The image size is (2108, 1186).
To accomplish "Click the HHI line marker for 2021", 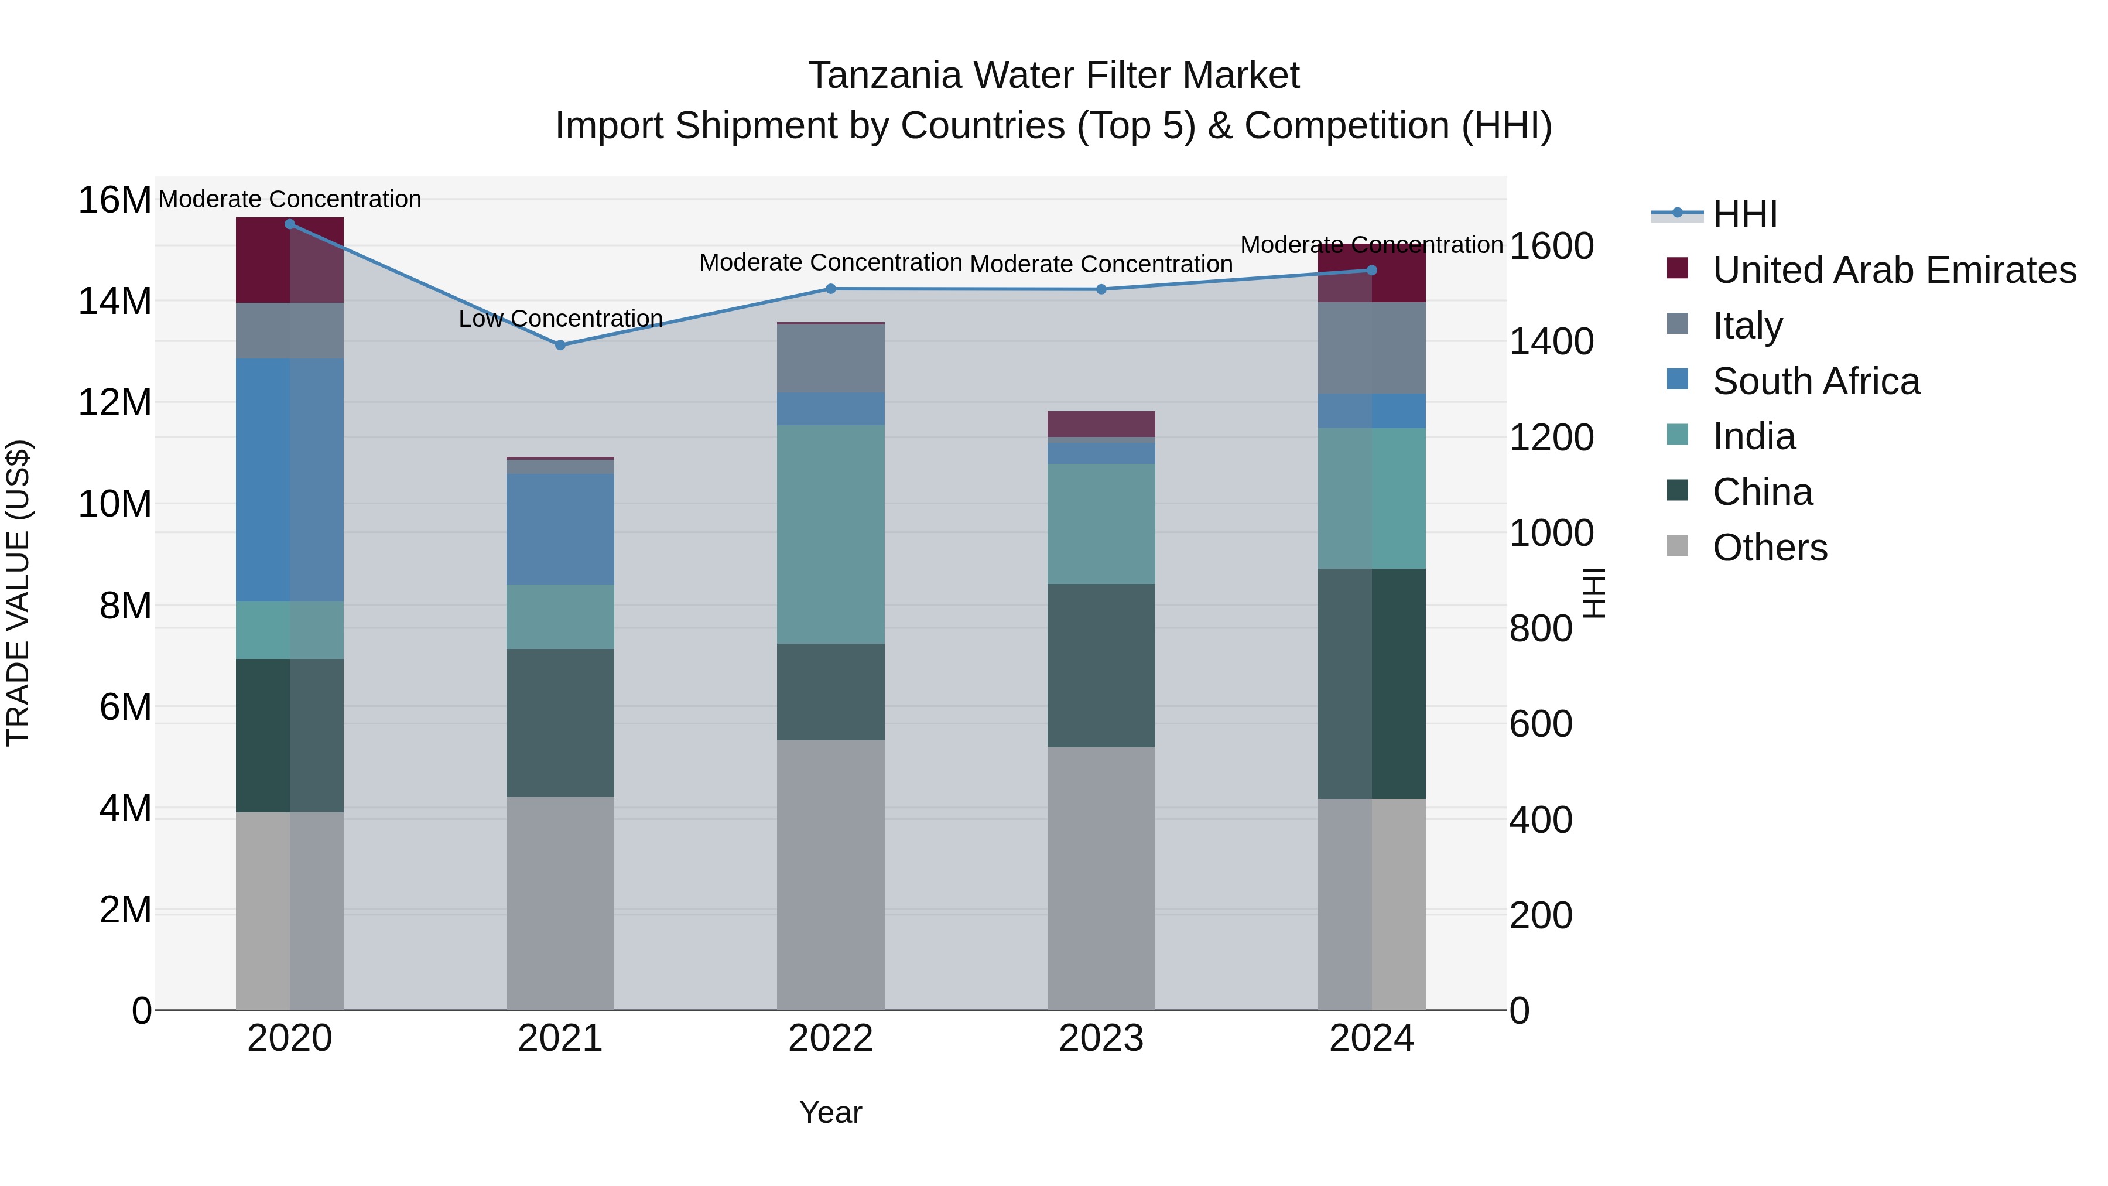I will [560, 346].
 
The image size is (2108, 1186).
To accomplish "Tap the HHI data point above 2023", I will [1101, 290].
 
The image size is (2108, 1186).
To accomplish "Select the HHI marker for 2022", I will [830, 289].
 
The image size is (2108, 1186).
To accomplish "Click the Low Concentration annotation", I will [560, 319].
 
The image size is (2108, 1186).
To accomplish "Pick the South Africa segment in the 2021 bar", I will [560, 529].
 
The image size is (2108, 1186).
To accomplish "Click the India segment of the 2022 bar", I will [830, 535].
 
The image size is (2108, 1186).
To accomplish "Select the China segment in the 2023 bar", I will [1101, 665].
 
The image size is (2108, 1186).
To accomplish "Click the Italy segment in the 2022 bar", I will [830, 358].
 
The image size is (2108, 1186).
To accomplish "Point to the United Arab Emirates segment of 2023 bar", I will [1101, 424].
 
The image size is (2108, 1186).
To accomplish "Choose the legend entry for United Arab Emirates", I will [1894, 270].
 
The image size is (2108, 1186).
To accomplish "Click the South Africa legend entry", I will [1816, 381].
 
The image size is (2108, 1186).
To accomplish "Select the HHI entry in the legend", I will [1745, 214].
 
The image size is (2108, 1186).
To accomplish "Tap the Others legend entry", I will [1769, 548].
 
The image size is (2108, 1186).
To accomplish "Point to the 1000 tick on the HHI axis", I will [1551, 534].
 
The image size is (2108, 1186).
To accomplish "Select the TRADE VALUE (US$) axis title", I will [18, 593].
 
